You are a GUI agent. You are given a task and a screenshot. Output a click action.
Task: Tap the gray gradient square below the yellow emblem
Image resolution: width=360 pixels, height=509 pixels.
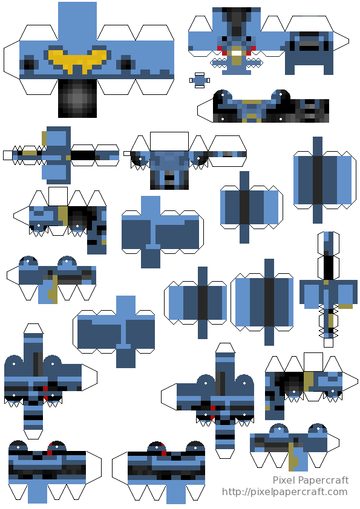[77, 99]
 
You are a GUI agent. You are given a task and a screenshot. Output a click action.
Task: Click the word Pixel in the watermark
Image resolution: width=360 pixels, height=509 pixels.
[284, 480]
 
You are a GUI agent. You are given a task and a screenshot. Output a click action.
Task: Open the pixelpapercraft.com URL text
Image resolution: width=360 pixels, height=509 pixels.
[285, 493]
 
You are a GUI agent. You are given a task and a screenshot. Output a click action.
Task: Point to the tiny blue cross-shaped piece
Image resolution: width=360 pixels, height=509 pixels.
[200, 80]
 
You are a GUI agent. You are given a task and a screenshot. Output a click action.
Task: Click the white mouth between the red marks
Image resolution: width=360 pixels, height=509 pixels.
[237, 53]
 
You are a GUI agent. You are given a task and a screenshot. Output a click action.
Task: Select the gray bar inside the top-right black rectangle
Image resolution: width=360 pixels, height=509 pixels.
[309, 44]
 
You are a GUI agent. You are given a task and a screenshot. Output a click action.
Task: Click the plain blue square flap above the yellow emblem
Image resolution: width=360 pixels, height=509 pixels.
[77, 21]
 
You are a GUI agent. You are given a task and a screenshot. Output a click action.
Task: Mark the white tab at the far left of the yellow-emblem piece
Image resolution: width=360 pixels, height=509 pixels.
[11, 60]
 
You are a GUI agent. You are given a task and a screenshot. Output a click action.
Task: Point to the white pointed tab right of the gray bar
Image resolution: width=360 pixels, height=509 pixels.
[341, 41]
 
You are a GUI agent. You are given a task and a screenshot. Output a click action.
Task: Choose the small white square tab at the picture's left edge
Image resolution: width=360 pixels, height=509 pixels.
[8, 155]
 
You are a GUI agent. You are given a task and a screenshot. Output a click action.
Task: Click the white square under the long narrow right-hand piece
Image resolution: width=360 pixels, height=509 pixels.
[329, 343]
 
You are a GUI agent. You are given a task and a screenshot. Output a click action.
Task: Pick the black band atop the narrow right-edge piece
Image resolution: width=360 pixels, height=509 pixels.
[329, 268]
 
